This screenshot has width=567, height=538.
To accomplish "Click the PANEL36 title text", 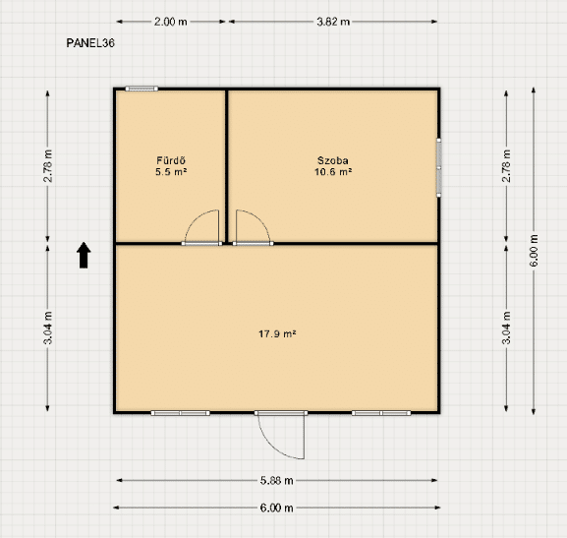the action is [x=90, y=43].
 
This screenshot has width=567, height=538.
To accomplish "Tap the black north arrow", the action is [x=84, y=256].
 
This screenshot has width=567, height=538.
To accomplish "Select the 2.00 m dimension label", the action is [x=171, y=22].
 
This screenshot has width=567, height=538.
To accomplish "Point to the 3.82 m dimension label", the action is [x=333, y=22].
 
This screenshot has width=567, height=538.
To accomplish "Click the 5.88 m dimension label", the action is [x=277, y=480].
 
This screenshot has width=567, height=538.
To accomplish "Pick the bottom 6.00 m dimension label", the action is [x=277, y=508].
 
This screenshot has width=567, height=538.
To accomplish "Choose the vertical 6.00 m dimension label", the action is [x=534, y=251].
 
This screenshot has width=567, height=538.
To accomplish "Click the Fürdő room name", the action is [x=171, y=160].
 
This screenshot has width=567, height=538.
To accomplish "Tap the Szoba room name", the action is [x=333, y=160].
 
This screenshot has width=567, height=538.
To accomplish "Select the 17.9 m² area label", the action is [x=277, y=333].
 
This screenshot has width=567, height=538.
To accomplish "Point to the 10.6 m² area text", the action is [x=333, y=171].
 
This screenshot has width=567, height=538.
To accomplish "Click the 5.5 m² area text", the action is [x=171, y=171].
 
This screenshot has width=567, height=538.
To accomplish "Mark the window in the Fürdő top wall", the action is [x=142, y=89].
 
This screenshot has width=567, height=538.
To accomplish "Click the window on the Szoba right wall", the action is [x=438, y=167].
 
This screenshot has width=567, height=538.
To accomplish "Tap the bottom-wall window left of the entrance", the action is [x=181, y=413].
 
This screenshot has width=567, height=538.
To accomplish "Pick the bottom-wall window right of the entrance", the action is [x=381, y=413].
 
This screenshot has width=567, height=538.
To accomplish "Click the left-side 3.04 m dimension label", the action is [x=48, y=328].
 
